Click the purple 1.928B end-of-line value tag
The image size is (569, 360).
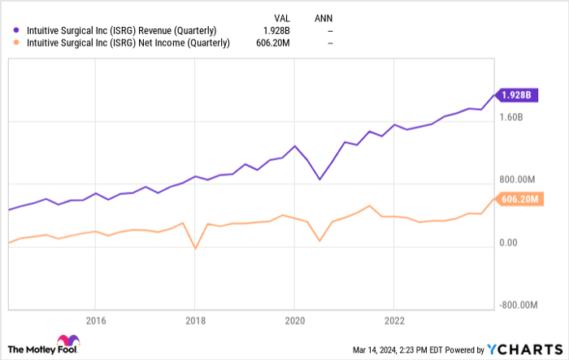[x=515, y=95]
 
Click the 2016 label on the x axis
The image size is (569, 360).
[x=95, y=319]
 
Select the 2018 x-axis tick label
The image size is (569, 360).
[x=194, y=319]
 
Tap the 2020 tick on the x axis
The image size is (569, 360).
[x=294, y=319]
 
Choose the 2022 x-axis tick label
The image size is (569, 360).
[x=393, y=319]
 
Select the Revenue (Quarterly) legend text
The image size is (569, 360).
[x=122, y=31]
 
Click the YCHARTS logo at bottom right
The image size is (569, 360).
[x=526, y=348]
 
